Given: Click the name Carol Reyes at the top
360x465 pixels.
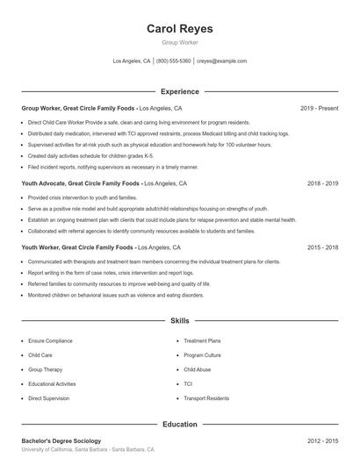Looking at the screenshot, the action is point(179,28).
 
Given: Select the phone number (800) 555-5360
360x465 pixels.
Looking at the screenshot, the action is point(173,61).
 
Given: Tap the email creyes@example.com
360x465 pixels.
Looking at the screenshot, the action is point(222,61).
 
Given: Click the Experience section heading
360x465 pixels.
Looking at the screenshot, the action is point(179,91).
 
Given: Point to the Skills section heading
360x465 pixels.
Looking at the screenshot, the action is point(179,322).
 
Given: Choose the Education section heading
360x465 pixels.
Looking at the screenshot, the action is point(179,424).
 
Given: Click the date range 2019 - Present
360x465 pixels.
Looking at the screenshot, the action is point(319,108).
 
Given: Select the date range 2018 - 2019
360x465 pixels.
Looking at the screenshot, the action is point(323,184).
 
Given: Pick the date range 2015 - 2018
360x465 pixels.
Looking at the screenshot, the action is point(323,247).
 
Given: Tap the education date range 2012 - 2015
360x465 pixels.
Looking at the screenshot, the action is point(323,440).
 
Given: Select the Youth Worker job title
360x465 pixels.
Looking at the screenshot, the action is point(43,247).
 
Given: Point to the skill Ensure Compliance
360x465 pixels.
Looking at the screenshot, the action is point(52,340).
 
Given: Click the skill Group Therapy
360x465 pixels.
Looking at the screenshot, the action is point(46,369).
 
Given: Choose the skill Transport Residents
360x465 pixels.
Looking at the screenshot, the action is point(207,398).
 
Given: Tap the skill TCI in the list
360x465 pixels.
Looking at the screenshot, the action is point(188,383).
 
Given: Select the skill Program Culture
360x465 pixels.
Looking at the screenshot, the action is point(204,354).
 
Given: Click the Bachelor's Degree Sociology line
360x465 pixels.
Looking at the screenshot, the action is point(61,440).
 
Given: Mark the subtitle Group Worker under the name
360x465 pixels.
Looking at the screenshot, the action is point(179,43).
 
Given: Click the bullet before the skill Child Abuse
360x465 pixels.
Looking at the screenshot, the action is point(176,369).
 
